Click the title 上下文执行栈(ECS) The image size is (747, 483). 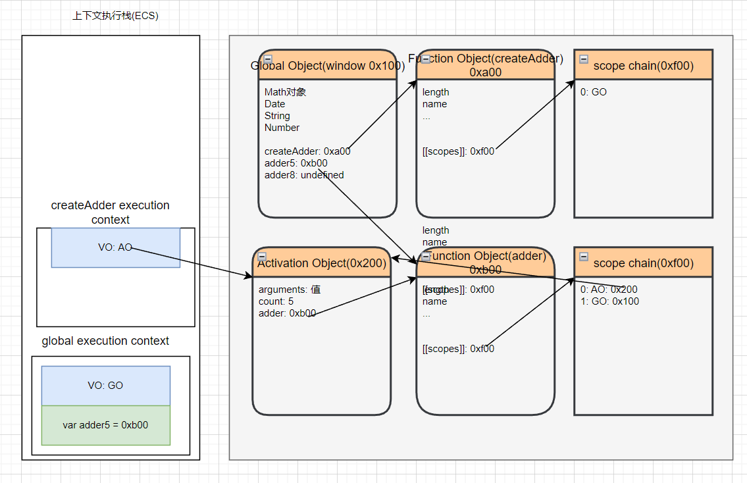pos(115,16)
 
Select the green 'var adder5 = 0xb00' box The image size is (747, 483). pos(105,425)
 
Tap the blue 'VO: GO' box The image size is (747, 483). pos(105,386)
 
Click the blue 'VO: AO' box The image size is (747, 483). pos(115,247)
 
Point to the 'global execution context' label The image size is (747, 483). pos(105,341)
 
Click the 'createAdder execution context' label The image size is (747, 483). pos(111,213)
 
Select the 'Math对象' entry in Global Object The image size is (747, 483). pos(286,92)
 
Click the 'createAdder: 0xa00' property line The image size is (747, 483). pos(307,151)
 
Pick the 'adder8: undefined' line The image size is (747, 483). pos(304,175)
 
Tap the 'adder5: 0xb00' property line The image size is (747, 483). pos(296,163)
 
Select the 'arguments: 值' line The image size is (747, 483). pos(290,290)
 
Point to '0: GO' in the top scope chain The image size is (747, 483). pos(594,92)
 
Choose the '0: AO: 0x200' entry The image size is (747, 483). pos(609,290)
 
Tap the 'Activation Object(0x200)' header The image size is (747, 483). pos(321,263)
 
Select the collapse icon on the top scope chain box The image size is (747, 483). pos(584,59)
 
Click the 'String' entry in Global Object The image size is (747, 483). pos(277,116)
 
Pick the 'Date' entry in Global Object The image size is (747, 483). pos(275,104)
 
